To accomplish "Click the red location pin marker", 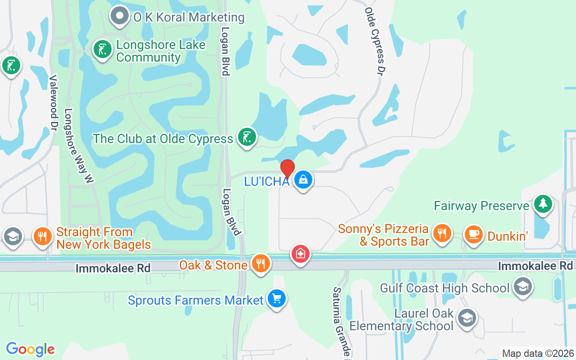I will click(x=288, y=169).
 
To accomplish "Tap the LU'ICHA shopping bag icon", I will click(x=303, y=180).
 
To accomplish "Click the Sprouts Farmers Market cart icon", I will click(x=276, y=298).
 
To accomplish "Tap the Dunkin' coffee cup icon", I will click(x=473, y=234).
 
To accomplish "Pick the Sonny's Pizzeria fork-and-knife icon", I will click(x=442, y=233).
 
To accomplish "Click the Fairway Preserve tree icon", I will click(x=543, y=205).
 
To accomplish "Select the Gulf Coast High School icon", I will click(x=522, y=286).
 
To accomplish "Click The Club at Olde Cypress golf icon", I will click(x=247, y=137).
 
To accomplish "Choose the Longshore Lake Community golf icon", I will click(x=103, y=49).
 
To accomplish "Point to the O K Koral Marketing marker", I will click(x=119, y=16).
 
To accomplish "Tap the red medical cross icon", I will click(x=300, y=254).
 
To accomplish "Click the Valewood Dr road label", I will click(x=54, y=103).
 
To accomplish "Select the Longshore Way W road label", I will click(x=78, y=145).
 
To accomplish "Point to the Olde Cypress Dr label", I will click(x=376, y=41).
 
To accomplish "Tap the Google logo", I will click(x=31, y=349).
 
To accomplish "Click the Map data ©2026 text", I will click(x=538, y=354).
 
